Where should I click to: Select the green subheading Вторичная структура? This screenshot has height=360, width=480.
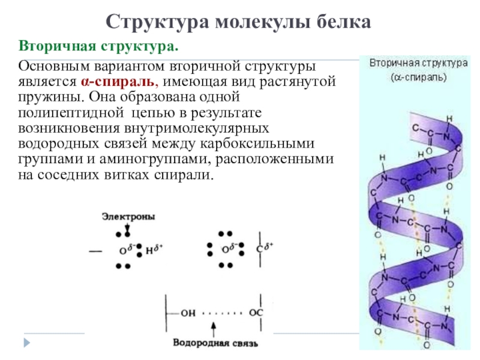click(98, 46)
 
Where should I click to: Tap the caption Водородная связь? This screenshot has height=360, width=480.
click(215, 344)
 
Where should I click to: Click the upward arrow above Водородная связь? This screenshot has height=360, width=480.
click(215, 329)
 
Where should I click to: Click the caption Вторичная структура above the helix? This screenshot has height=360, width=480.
click(418, 62)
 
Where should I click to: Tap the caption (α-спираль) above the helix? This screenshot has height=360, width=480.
click(418, 77)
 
